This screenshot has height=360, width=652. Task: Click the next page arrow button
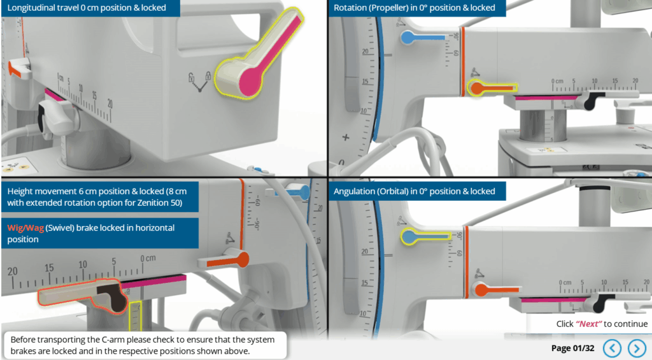637,348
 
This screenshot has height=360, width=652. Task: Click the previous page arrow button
612,348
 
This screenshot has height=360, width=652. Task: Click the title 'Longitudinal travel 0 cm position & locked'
87,8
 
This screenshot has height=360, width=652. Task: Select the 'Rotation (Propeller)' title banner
415,8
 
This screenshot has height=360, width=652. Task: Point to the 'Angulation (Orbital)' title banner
415,191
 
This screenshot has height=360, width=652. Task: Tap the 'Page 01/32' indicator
572,348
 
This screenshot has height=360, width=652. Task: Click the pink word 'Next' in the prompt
589,324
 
